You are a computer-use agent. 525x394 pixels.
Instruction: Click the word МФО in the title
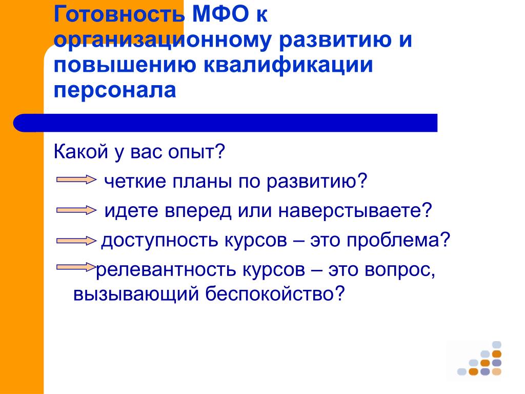220,14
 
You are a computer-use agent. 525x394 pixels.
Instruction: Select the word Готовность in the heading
119,14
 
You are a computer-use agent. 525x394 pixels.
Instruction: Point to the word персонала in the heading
115,90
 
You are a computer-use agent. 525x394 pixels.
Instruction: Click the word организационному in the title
162,40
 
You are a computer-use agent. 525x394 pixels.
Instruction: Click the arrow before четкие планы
76,180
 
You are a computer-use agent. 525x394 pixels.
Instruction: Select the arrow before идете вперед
76,210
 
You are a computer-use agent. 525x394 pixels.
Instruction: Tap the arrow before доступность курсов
76,241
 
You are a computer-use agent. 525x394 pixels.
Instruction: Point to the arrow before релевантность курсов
76,267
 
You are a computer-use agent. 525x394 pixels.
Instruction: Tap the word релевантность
167,270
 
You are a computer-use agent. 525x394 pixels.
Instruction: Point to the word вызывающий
136,294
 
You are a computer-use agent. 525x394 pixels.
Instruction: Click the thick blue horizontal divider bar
226,123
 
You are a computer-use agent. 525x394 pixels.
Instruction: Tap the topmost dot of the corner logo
496,345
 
